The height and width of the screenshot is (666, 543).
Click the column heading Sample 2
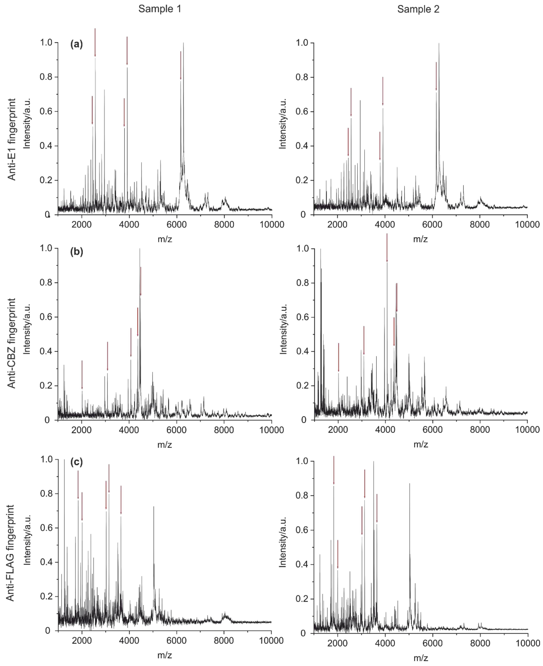point(418,9)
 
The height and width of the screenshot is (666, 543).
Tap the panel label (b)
point(77,251)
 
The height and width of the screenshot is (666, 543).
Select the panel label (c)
point(77,462)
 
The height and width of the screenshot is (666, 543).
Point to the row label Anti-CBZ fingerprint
point(12,343)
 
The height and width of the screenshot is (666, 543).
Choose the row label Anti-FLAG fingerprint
point(10,553)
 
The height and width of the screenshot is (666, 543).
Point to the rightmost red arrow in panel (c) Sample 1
point(121,500)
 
